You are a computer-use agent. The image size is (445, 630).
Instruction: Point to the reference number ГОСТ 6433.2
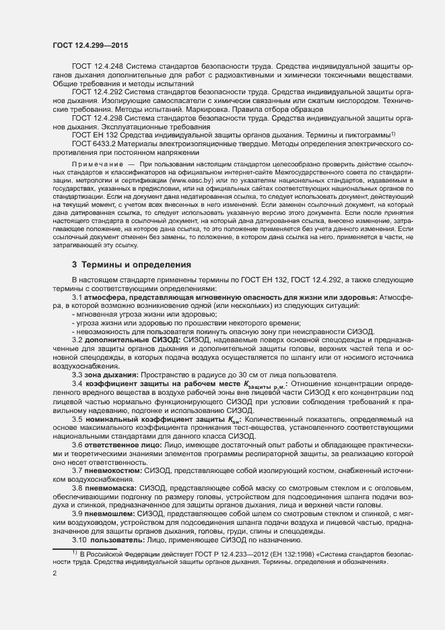point(94,144)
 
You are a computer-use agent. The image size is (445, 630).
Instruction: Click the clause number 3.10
point(79,540)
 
